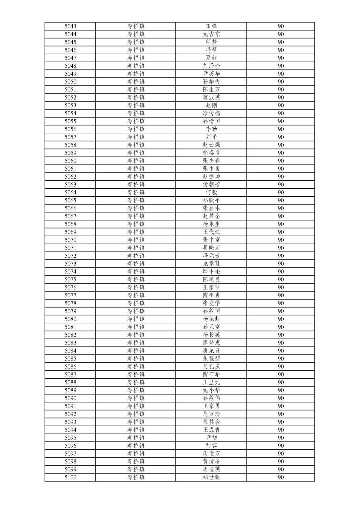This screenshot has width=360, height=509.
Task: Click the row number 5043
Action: point(70,26)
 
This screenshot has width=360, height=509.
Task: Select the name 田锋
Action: point(211,26)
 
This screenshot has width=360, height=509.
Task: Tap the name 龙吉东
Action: point(211,34)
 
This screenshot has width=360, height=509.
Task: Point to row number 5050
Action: point(70,82)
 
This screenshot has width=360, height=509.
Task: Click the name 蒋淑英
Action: point(211,98)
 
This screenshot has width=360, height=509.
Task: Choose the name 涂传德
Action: point(211,113)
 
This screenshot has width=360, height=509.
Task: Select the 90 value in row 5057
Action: point(281,137)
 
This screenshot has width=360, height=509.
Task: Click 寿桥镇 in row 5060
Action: point(136,161)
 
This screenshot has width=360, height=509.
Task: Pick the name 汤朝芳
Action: point(211,185)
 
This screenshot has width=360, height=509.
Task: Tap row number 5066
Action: point(70,208)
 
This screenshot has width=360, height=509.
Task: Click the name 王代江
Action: point(211,232)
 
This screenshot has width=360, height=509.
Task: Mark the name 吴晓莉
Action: point(211,248)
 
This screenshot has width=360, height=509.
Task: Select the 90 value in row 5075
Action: point(281,279)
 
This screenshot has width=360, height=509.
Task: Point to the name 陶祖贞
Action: point(211,296)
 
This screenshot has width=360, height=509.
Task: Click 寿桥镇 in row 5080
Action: point(136,319)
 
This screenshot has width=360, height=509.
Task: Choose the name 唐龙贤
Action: point(211,351)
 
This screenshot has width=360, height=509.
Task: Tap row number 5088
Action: point(70,382)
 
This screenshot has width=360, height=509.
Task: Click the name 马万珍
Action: point(211,414)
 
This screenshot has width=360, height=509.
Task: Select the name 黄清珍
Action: point(211,462)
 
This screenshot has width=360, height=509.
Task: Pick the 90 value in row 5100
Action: point(281,478)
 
